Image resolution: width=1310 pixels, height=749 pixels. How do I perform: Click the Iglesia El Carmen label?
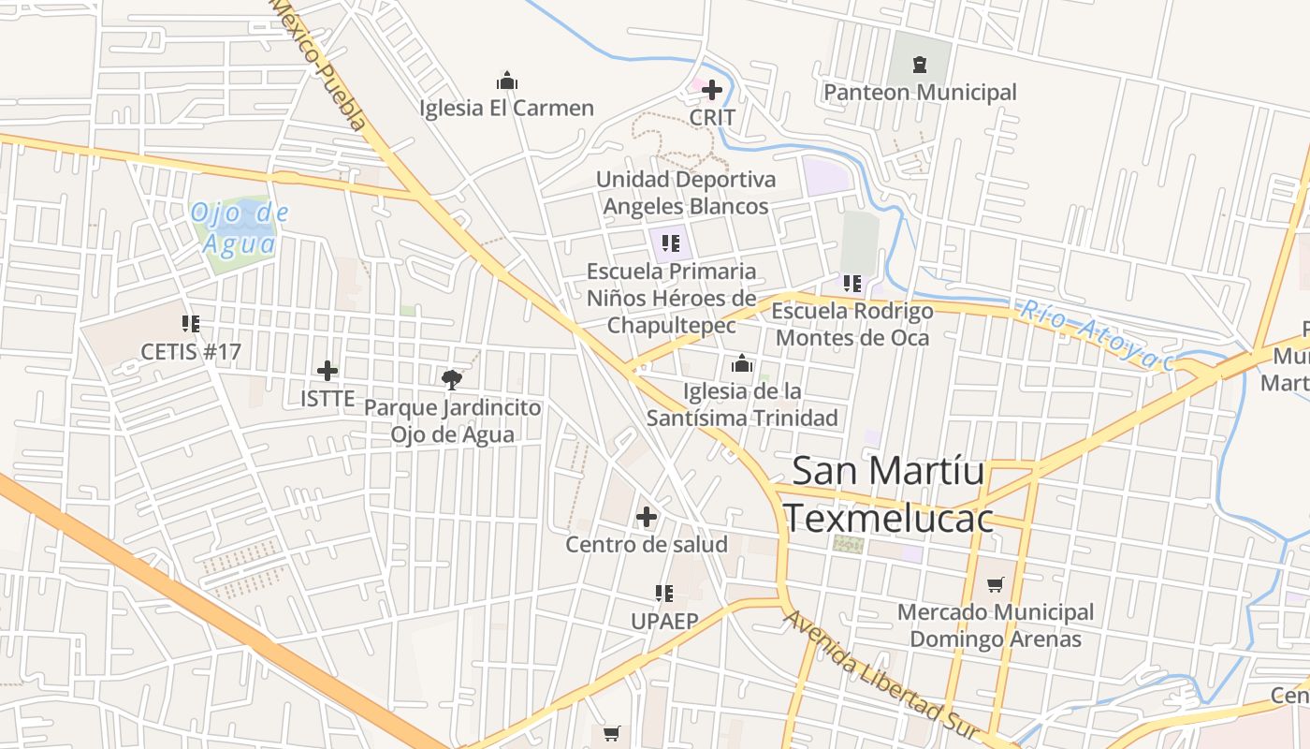506,109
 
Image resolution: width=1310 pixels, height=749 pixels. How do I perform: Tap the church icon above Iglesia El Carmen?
507,81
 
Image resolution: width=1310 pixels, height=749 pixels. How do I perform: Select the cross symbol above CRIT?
712,91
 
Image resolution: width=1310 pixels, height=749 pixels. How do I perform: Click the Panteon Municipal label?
920,93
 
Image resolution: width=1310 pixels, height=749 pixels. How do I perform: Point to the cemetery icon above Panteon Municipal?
920,65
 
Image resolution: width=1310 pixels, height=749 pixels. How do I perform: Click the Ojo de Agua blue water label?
240,228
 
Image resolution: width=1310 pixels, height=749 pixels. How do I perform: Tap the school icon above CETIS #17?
191,324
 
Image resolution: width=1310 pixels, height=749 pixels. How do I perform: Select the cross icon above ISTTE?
327,371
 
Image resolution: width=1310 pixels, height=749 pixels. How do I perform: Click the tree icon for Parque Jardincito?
452,379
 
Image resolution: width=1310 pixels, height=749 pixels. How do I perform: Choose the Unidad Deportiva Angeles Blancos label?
686,193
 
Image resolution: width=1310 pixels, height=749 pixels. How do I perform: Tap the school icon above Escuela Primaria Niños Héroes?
671,244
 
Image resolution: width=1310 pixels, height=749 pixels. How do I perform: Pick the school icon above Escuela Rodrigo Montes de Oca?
851,283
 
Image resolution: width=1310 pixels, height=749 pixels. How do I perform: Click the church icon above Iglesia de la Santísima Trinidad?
742,363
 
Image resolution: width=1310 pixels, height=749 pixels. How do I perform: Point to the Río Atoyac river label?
1097,336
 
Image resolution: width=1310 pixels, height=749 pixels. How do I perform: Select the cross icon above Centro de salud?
647,517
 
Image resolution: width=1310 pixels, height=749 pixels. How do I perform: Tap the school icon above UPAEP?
664,593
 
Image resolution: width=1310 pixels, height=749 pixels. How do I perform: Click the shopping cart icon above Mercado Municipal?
995,584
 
